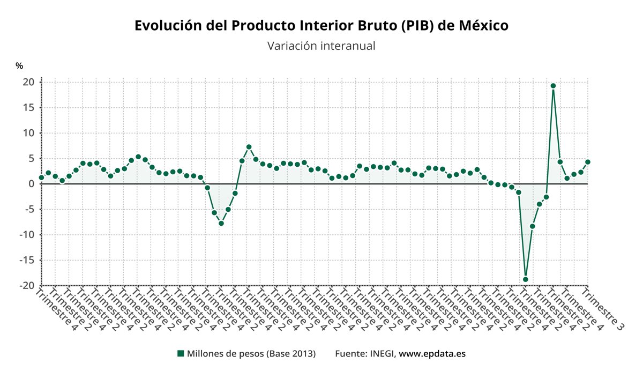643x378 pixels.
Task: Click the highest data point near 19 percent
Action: click(x=553, y=86)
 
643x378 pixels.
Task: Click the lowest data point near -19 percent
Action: click(x=526, y=279)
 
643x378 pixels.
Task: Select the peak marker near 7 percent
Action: click(x=249, y=147)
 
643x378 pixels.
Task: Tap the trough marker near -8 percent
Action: click(x=221, y=223)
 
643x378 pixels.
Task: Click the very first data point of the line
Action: click(x=41, y=177)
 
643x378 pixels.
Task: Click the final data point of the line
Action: click(x=588, y=162)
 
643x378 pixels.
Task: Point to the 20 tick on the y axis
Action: click(x=28, y=82)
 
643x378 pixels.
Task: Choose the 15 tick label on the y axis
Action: click(x=28, y=108)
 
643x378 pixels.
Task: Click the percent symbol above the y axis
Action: click(x=19, y=66)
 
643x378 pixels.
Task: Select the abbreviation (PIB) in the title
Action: click(x=414, y=26)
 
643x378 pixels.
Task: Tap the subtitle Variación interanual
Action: click(x=321, y=46)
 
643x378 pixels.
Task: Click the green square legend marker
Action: click(x=181, y=353)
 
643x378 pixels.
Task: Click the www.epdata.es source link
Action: click(x=432, y=354)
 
